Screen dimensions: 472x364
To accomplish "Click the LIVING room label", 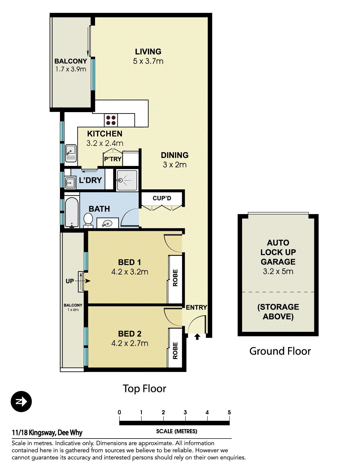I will point(148,52).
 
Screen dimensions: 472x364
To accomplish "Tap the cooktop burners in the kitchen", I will point(111,120).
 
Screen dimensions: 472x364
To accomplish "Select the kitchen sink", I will point(71,153).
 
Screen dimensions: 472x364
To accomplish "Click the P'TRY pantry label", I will point(112,159).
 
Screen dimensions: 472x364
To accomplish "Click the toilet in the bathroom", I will point(88,220).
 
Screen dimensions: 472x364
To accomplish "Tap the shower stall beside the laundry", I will point(127,180).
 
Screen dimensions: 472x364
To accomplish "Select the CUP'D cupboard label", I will point(162,198).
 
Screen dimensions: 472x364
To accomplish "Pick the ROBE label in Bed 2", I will point(175,350).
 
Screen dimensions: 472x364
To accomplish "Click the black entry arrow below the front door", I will point(197,337).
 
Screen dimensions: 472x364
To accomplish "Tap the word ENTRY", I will point(196,308).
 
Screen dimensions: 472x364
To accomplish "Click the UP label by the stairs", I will point(70,281).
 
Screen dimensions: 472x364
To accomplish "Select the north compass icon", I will point(21,401).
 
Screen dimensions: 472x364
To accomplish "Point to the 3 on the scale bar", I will point(185,412).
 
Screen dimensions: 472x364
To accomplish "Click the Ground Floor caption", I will point(280,351).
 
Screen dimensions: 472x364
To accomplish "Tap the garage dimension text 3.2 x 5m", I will point(278,271).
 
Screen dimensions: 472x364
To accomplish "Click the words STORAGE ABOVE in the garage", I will point(278,312).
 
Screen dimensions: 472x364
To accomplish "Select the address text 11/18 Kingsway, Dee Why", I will point(47,433).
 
